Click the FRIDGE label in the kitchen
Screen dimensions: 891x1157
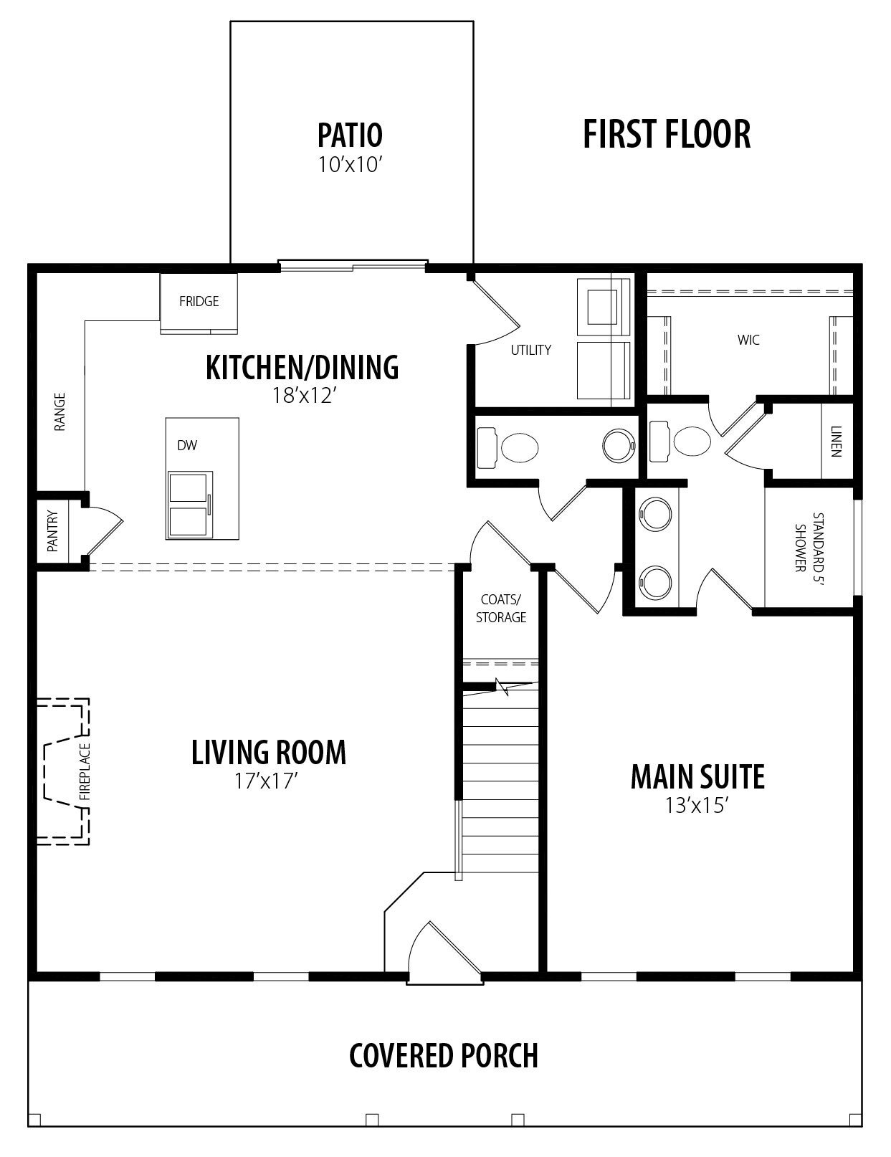coord(199,301)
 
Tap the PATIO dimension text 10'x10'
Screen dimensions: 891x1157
coord(351,165)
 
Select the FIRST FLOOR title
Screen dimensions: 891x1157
coord(667,134)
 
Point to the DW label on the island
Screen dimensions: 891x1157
coord(187,445)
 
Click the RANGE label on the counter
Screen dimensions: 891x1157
coord(59,411)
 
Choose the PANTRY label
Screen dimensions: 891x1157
coord(52,531)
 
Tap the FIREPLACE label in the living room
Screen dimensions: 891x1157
coord(85,772)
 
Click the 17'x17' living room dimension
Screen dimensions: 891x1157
coord(266,781)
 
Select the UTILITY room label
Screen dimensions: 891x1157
coord(530,350)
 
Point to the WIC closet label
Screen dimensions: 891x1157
coord(748,340)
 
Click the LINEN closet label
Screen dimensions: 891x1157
coord(837,442)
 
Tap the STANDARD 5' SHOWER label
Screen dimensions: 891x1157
coord(809,542)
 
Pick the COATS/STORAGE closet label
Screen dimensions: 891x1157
coord(501,608)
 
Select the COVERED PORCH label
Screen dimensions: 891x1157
coord(444,1056)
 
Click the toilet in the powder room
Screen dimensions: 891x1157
coord(508,447)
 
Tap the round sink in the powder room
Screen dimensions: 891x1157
coord(619,445)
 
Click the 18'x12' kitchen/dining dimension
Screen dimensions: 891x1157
coord(305,396)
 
